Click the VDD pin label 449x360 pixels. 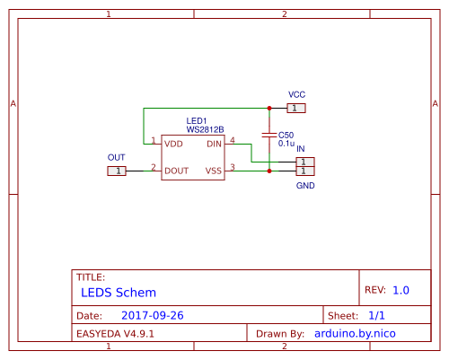coord(174,144)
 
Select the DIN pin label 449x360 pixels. coord(214,144)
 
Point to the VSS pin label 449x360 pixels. coord(213,170)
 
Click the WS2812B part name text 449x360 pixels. coord(205,130)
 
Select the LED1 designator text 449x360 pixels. coord(197,121)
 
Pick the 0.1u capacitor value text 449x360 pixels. coord(286,143)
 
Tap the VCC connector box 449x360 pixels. coord(296,108)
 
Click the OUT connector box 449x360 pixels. coord(117,170)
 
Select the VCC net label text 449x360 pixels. coord(296,94)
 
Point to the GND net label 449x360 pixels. coord(305,185)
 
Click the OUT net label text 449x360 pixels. coord(117,157)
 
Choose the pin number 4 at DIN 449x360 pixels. coord(233,141)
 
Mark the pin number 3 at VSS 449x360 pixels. coord(233,167)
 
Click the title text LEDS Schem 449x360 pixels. coord(118,293)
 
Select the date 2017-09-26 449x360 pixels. coord(152,316)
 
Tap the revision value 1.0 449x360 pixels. coord(401,291)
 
